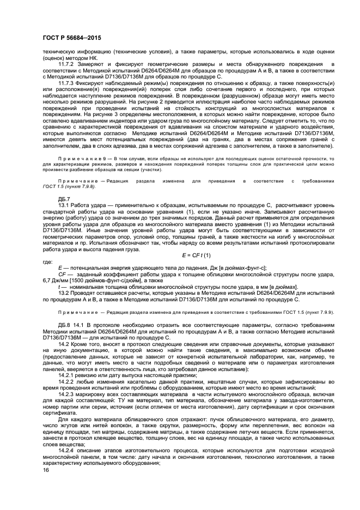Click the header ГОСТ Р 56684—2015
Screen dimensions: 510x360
(70, 37)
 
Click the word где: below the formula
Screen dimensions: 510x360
(47, 262)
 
